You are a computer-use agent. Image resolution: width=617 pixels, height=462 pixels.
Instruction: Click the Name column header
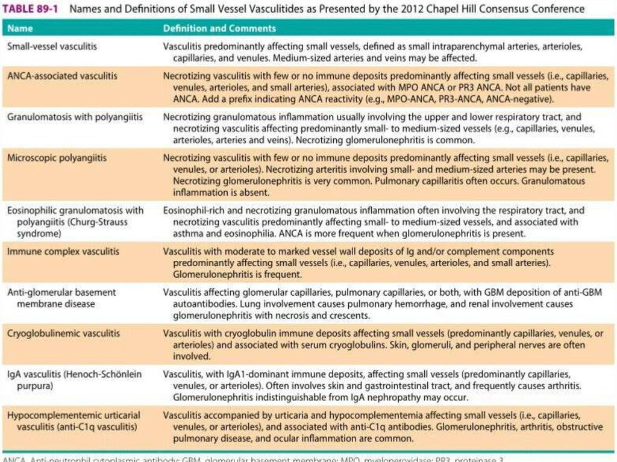click(x=20, y=28)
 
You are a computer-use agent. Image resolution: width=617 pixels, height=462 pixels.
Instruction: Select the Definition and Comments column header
click(x=219, y=28)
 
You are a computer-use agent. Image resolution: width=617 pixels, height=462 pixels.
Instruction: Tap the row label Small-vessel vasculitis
click(x=51, y=46)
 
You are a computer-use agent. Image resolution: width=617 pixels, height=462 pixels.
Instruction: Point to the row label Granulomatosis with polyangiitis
click(x=75, y=117)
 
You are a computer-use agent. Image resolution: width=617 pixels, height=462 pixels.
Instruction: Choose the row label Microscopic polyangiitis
click(x=57, y=158)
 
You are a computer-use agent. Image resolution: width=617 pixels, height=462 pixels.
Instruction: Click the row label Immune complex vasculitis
click(x=63, y=251)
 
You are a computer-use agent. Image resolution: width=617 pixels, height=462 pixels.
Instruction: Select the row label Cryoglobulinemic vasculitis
click(x=63, y=333)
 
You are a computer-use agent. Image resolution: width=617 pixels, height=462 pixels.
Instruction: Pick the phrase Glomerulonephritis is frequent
click(x=237, y=274)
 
